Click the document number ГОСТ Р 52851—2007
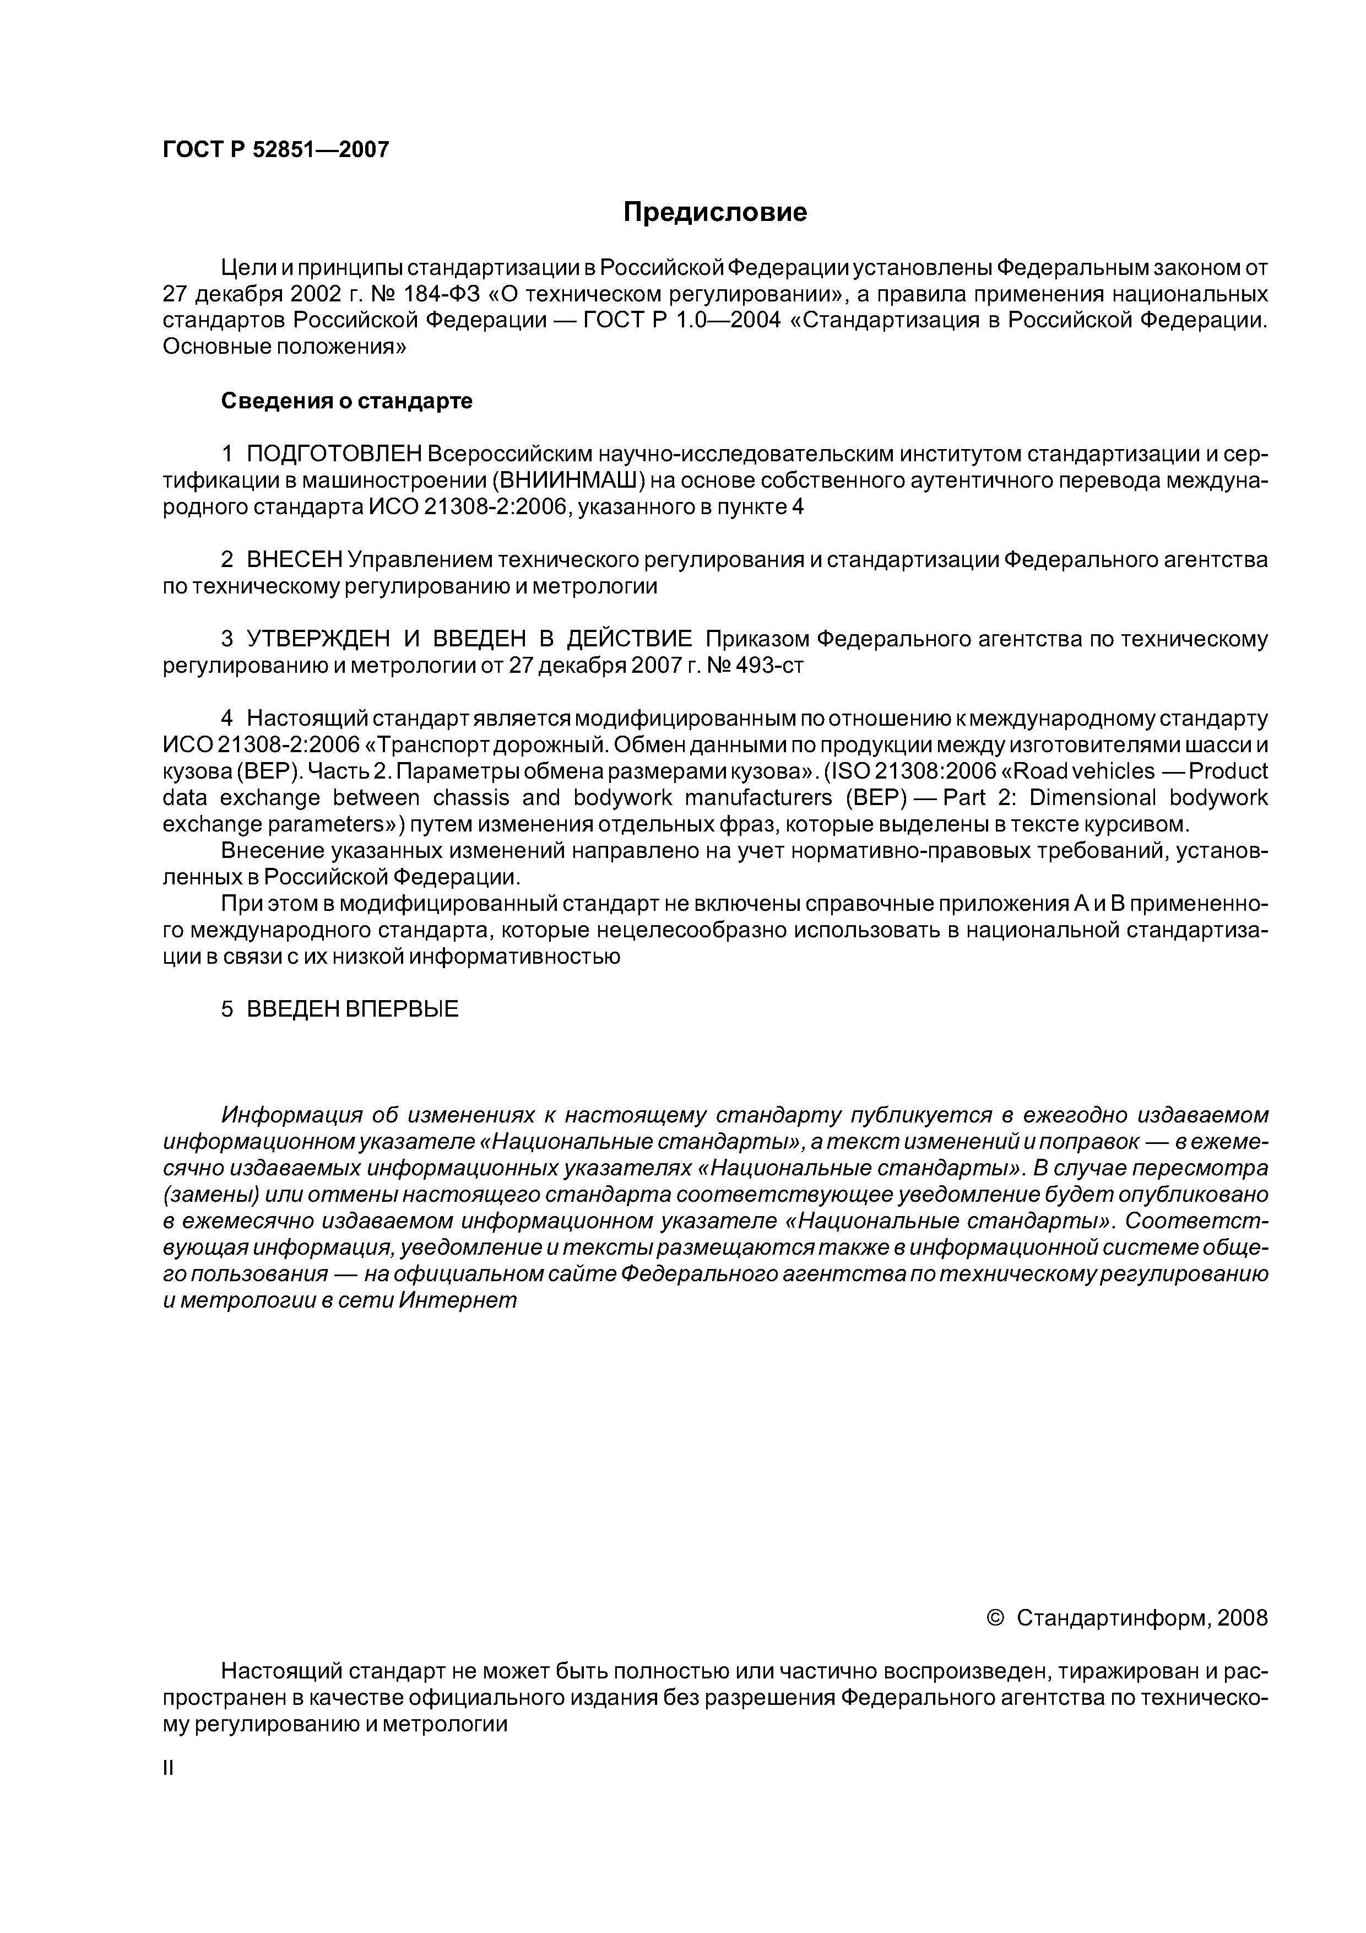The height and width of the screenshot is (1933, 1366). tap(276, 150)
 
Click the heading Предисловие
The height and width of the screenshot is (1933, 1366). tap(714, 212)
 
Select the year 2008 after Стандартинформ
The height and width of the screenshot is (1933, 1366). tap(1242, 1618)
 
